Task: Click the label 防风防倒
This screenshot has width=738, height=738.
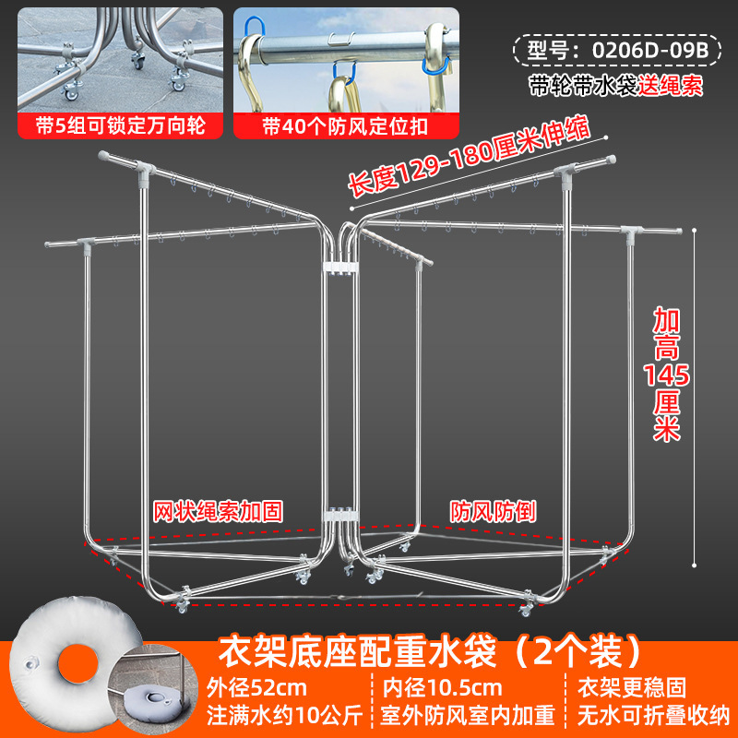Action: (x=494, y=509)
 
